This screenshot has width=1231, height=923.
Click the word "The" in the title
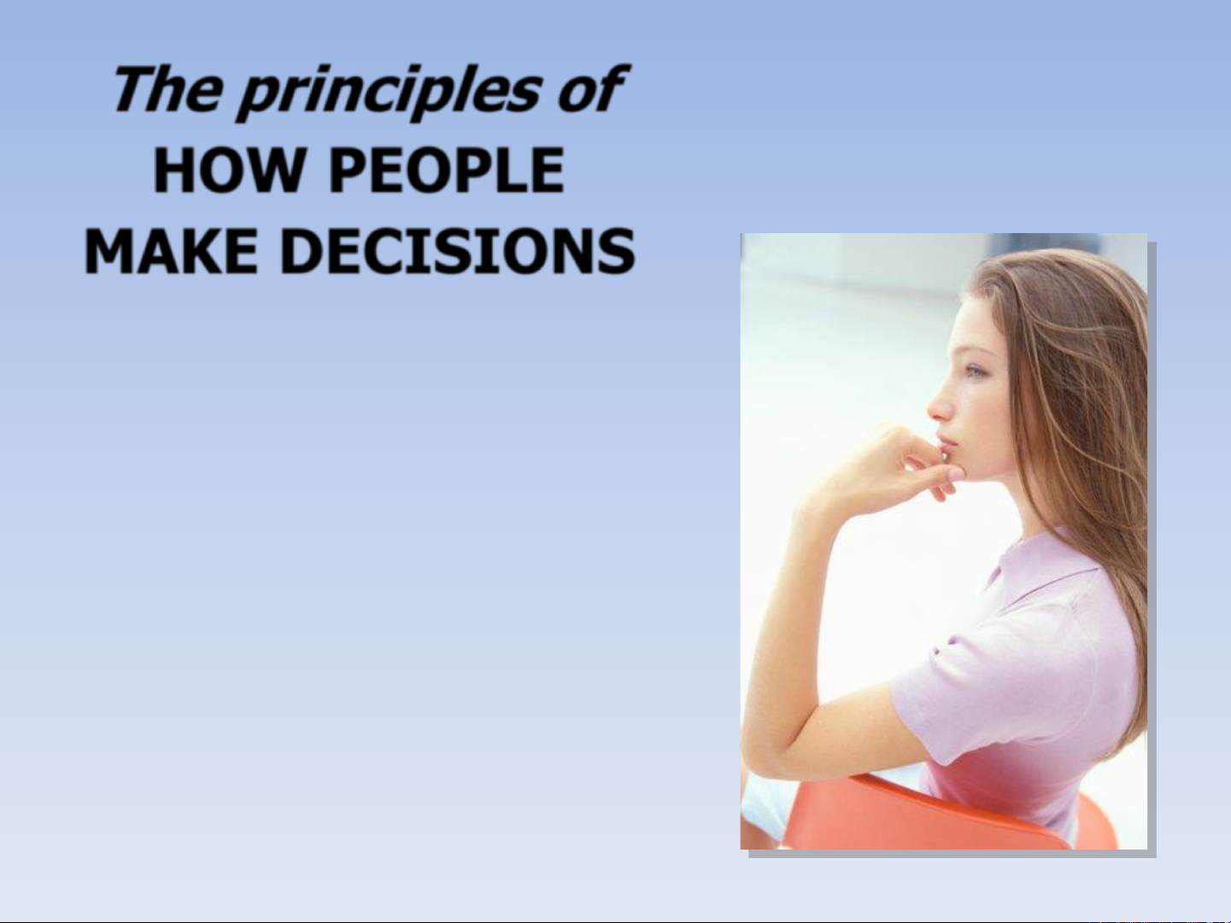(167, 89)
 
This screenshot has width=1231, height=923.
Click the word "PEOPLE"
(447, 170)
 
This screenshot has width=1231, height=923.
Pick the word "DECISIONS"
(457, 251)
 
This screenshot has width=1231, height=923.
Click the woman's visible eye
(975, 371)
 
